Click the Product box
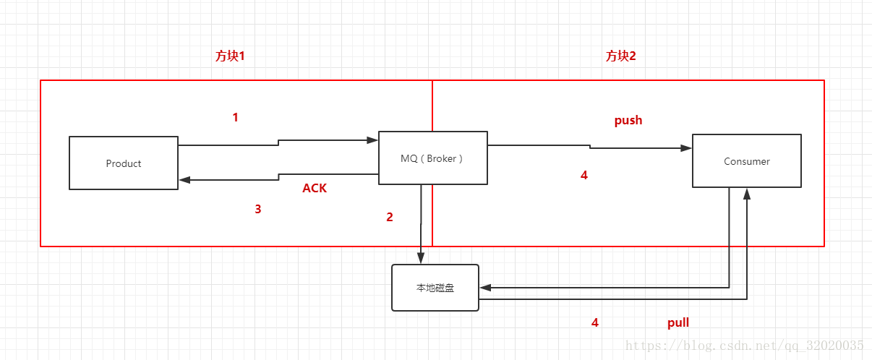coord(124,163)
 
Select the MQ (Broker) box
coord(432,158)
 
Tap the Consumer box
coord(747,161)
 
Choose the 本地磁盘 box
coord(435,288)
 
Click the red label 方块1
coord(230,56)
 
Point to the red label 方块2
coord(620,56)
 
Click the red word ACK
coord(315,188)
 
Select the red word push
coord(628,120)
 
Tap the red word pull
coord(677,322)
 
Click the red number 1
coord(235,117)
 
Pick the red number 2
coord(390,217)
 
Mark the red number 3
coord(257,210)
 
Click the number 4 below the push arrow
coord(584,175)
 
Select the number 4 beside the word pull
coord(595,322)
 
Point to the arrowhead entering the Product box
coord(184,180)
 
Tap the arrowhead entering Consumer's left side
coord(686,148)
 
